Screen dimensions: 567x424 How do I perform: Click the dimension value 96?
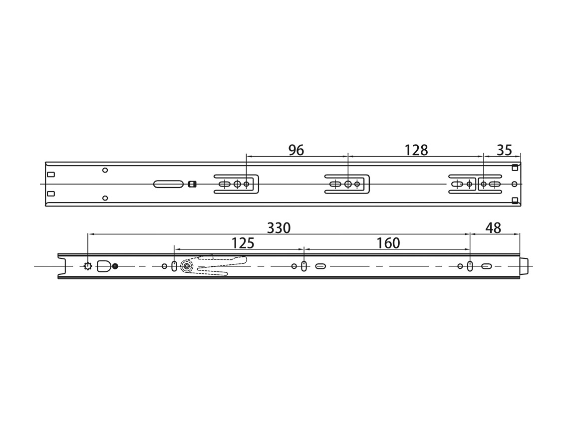click(x=296, y=150)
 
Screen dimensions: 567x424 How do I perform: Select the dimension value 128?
click(x=416, y=150)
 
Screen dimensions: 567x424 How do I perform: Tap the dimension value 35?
click(x=505, y=150)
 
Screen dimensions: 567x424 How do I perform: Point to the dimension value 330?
click(x=279, y=228)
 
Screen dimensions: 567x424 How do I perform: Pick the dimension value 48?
click(x=493, y=228)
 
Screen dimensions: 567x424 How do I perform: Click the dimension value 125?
click(x=243, y=243)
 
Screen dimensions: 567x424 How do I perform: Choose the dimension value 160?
click(x=388, y=243)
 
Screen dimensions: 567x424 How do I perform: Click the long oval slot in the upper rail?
click(x=169, y=184)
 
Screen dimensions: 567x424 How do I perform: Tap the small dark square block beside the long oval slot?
click(x=192, y=184)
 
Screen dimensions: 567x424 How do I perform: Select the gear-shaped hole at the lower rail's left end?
click(x=87, y=266)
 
